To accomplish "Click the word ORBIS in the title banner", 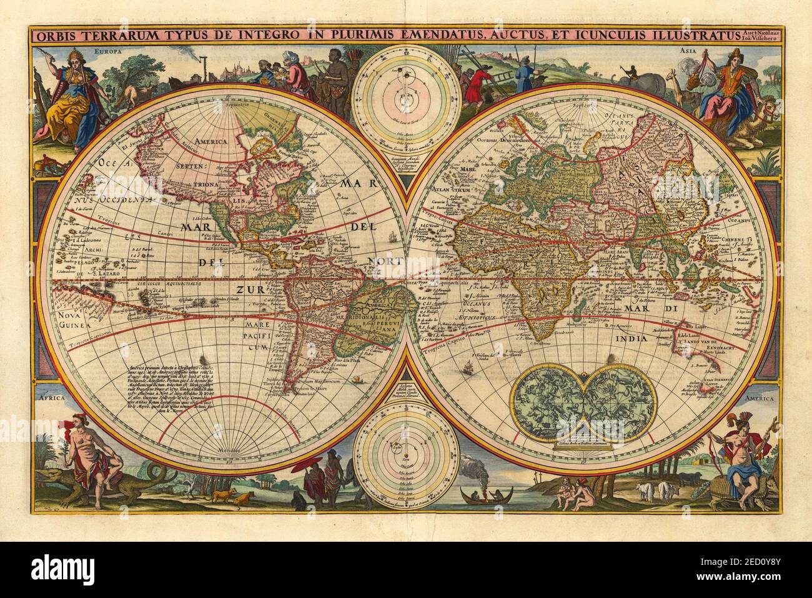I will click(52, 36).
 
